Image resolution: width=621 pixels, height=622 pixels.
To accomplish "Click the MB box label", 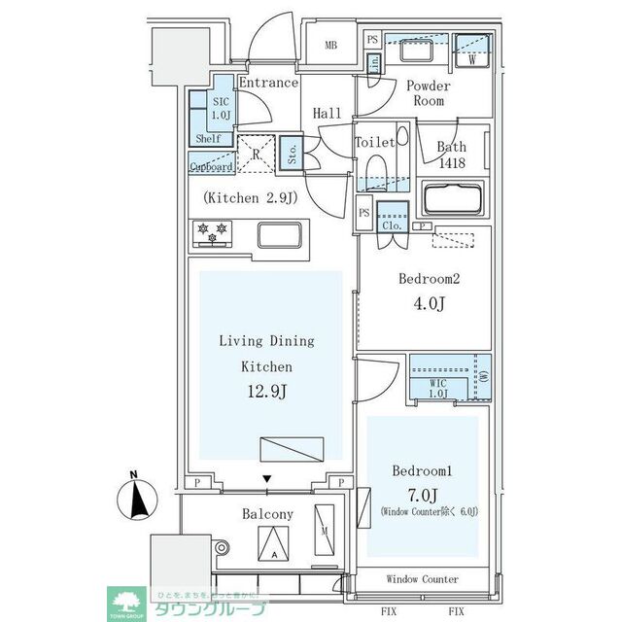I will point(331,45).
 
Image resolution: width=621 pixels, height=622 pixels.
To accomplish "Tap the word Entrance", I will point(268,83).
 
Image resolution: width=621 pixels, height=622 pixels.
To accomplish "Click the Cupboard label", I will point(211,167).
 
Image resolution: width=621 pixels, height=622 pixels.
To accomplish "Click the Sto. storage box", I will point(292,154).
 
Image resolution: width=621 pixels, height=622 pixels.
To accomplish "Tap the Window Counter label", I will point(422,580).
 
